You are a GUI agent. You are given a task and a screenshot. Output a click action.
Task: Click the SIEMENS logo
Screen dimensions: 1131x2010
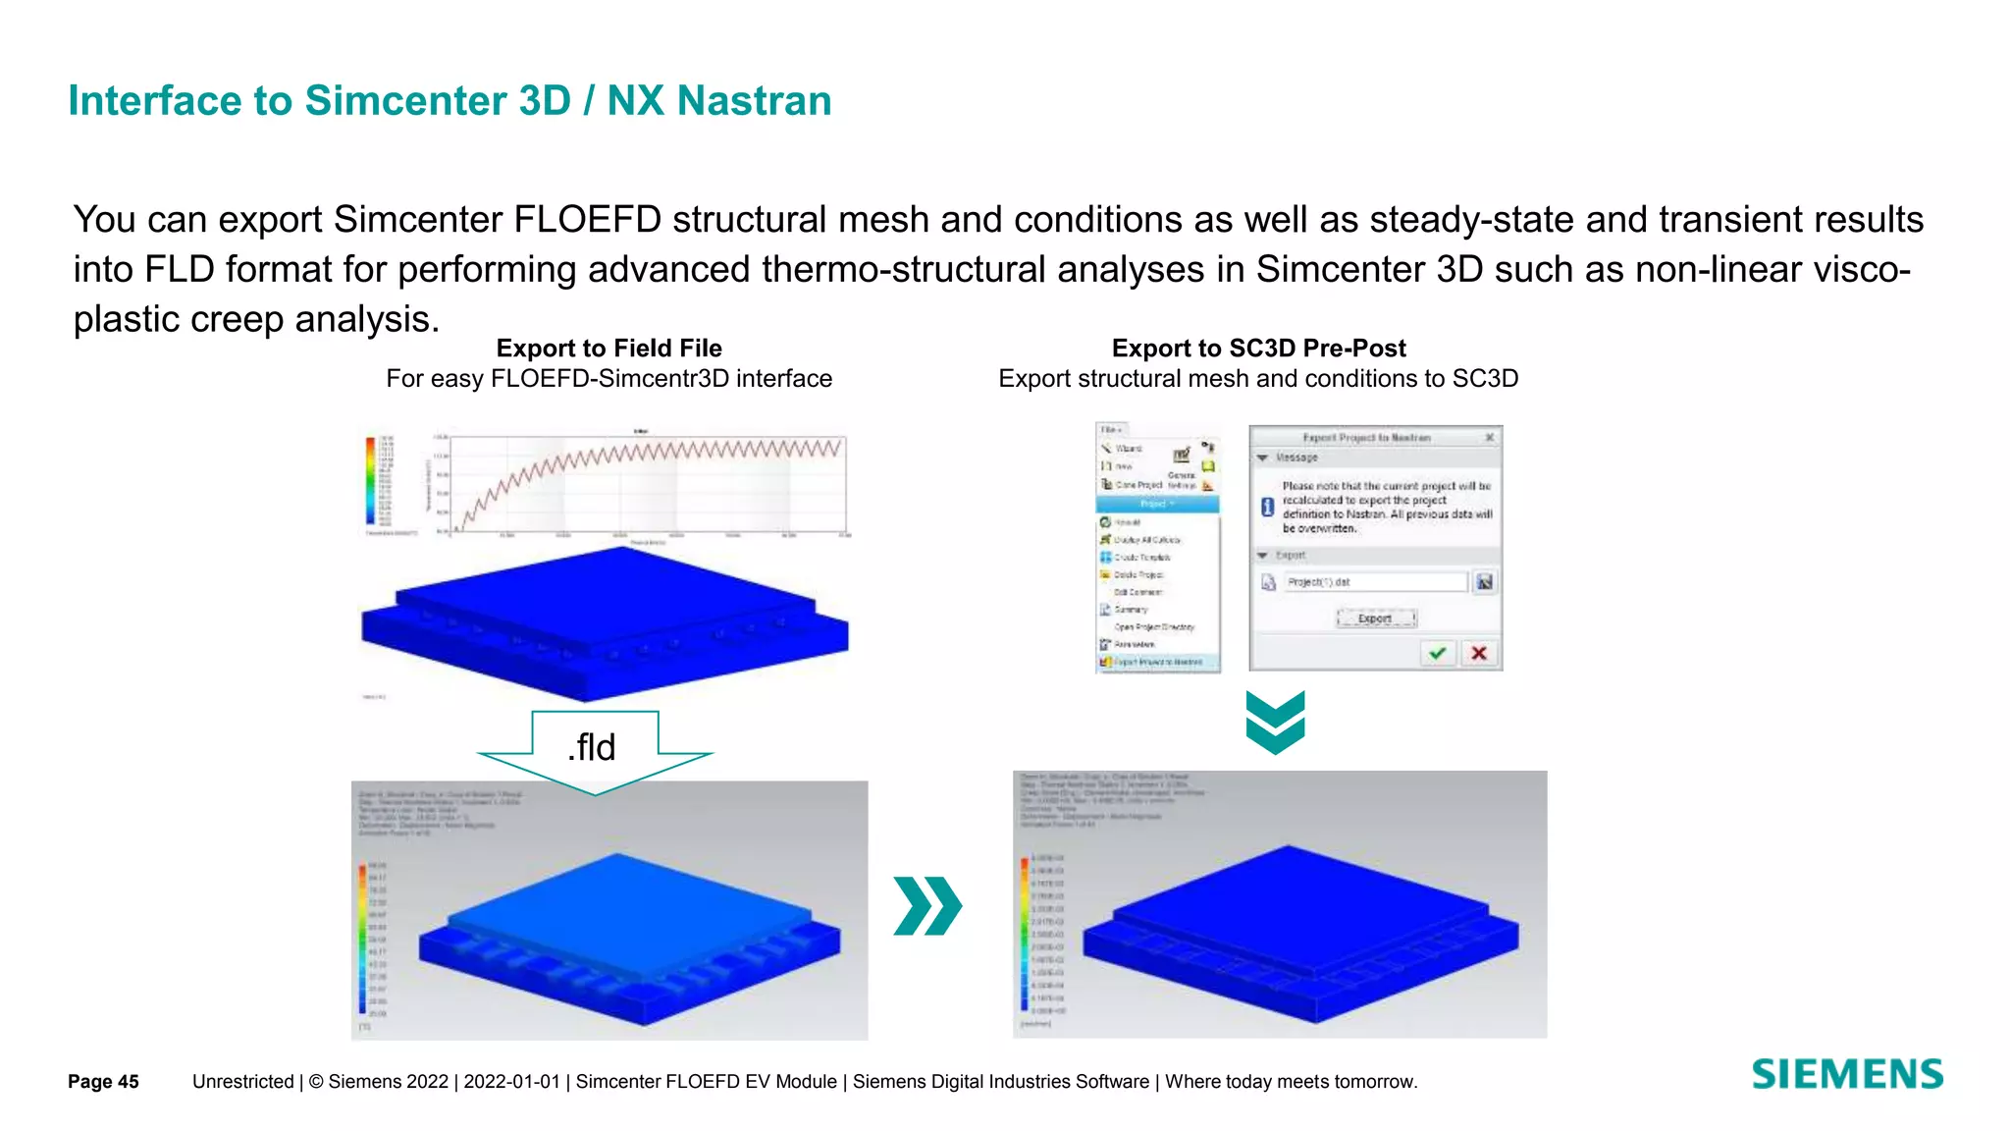point(1847,1074)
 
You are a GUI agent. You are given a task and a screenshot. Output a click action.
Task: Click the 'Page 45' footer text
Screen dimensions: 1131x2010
point(103,1082)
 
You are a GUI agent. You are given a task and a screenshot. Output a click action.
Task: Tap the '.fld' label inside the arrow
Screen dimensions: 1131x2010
point(592,748)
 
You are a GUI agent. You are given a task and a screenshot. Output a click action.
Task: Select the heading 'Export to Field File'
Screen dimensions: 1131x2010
point(608,349)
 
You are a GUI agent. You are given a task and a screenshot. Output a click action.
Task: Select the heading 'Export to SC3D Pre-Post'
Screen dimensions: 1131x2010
point(1258,349)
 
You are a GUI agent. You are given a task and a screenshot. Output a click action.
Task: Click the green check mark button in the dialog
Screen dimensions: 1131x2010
point(1438,654)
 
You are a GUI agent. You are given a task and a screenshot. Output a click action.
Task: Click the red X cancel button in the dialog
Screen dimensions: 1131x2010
point(1479,654)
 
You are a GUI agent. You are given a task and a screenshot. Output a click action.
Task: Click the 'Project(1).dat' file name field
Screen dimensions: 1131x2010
point(1374,582)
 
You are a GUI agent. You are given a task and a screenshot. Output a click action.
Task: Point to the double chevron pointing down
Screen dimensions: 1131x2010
point(1275,723)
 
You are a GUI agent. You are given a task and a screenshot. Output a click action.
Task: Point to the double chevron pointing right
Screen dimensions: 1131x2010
point(927,905)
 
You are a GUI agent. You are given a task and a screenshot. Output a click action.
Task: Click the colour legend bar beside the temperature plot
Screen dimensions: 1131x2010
point(371,481)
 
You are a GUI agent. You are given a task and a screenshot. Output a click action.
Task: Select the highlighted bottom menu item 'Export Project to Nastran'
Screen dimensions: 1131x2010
point(1158,663)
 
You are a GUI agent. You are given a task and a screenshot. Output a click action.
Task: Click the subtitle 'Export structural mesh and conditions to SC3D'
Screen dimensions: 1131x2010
point(1258,379)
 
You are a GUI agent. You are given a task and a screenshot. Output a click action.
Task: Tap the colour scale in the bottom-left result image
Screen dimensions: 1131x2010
point(362,938)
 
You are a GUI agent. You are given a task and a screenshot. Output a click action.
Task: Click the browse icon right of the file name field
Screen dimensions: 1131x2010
point(1484,582)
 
